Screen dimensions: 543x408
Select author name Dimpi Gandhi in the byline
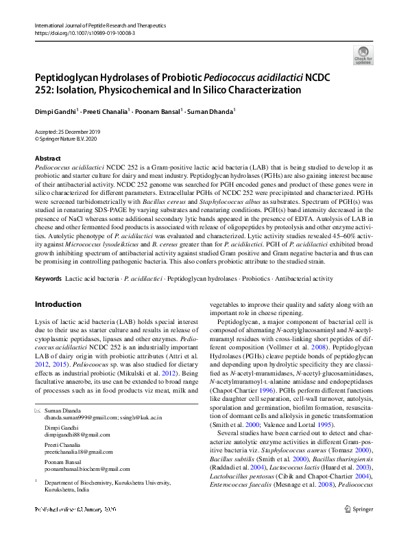(x=56, y=110)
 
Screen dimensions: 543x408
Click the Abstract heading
(x=47, y=159)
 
